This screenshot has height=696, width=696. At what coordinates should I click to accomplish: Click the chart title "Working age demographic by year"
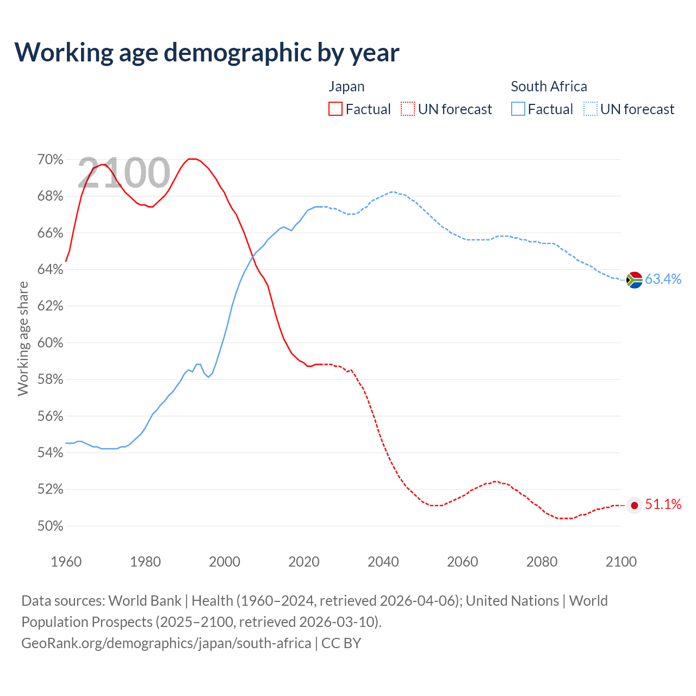tap(207, 52)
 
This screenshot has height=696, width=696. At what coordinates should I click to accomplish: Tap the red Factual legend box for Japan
tap(335, 109)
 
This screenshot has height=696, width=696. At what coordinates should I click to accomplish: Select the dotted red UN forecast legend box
tap(408, 109)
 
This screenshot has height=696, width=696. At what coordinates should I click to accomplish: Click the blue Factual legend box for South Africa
tap(518, 109)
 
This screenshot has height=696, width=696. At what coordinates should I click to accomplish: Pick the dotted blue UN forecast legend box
tap(591, 109)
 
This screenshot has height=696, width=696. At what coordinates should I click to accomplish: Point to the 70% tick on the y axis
tap(50, 159)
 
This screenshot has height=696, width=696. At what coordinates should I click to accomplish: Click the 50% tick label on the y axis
tap(50, 526)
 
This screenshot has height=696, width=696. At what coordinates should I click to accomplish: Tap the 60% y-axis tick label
tap(50, 343)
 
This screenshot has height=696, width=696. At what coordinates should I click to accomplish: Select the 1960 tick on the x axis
tap(66, 562)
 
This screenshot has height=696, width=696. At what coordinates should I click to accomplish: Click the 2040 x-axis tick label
tap(383, 562)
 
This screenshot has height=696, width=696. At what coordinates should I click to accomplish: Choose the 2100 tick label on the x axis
tap(621, 562)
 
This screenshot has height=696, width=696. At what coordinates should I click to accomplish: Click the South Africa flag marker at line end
tap(634, 279)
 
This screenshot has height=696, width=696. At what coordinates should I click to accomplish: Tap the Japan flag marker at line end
tap(634, 505)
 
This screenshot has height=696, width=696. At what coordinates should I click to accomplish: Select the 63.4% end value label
tap(663, 279)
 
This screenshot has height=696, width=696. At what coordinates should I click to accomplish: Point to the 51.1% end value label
tap(663, 505)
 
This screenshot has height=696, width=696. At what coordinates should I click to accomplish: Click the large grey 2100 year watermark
tap(124, 173)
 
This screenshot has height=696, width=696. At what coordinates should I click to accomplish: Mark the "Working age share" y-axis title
tap(23, 338)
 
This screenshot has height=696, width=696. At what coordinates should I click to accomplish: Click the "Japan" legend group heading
tap(346, 86)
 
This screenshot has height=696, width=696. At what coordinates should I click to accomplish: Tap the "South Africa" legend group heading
tap(549, 86)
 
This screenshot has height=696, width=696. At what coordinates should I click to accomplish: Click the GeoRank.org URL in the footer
tap(166, 643)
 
